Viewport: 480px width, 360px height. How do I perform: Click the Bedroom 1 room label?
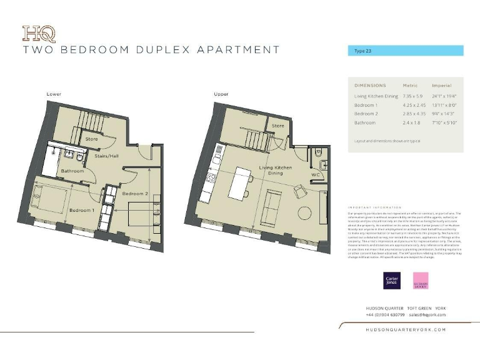click(x=82, y=210)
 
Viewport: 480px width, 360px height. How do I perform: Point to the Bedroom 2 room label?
click(x=135, y=194)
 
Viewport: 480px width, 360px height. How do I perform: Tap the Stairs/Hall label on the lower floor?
click(x=109, y=155)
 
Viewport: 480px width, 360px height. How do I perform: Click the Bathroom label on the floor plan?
click(x=72, y=171)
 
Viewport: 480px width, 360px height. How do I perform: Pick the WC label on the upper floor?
click(x=315, y=174)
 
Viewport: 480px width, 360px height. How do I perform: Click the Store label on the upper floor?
click(x=277, y=126)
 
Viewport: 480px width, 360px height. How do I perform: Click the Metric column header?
click(x=410, y=85)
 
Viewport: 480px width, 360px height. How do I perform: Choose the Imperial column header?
click(x=442, y=85)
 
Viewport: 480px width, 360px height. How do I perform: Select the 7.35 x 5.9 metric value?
click(x=413, y=96)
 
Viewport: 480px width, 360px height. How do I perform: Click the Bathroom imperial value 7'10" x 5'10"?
click(x=444, y=123)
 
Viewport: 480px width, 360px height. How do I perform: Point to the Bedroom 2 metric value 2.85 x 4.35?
click(x=414, y=114)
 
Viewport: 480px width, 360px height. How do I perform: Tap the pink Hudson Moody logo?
click(x=421, y=281)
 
